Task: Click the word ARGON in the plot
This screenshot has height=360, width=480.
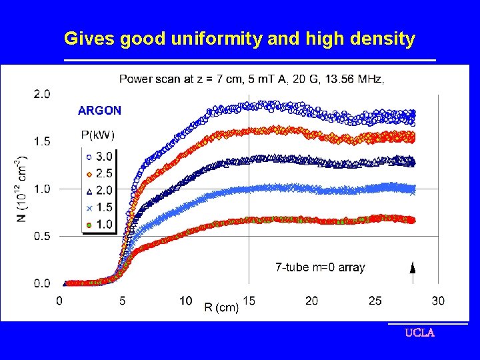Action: coord(99,110)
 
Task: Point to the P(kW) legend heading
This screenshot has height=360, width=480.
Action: coord(97,135)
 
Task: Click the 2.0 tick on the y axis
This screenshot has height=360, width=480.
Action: coord(41,94)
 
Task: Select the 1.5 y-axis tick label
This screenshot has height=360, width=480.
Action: coord(41,141)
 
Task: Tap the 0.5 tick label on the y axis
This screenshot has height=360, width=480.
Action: coord(41,236)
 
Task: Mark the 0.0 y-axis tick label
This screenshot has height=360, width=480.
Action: coord(41,283)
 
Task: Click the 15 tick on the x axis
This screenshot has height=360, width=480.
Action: coord(249,301)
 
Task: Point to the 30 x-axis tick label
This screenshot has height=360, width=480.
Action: coord(438,301)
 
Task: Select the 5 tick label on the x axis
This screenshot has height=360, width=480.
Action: coord(122,301)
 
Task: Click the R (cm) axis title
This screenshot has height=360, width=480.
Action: coord(221,307)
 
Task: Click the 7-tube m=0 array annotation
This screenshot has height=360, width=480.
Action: coord(320,267)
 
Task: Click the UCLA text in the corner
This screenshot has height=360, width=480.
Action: coord(420,333)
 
